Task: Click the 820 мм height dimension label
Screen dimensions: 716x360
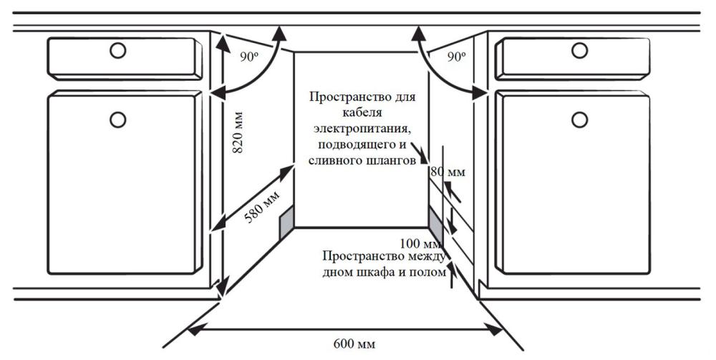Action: (x=238, y=132)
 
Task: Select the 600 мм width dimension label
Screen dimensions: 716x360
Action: (x=354, y=343)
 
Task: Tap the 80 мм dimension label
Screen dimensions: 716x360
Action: (x=448, y=172)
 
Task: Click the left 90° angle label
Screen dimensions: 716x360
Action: (x=249, y=57)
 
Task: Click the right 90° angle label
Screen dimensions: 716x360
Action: (x=457, y=57)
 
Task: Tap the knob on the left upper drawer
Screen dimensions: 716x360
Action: (x=118, y=50)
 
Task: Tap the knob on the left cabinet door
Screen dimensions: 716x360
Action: (x=118, y=120)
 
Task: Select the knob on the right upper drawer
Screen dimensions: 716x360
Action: (x=579, y=50)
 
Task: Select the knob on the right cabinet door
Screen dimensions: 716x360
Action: (x=579, y=120)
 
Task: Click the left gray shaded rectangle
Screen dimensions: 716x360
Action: (x=286, y=222)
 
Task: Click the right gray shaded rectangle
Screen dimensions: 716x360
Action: (x=436, y=223)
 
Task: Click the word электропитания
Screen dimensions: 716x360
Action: (x=362, y=129)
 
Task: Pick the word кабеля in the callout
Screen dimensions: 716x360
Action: (x=363, y=112)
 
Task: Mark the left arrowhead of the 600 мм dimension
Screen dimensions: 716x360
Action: (x=195, y=329)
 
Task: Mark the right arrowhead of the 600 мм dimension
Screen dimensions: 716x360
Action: (x=494, y=329)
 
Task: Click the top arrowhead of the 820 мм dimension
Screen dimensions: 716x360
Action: (x=223, y=42)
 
